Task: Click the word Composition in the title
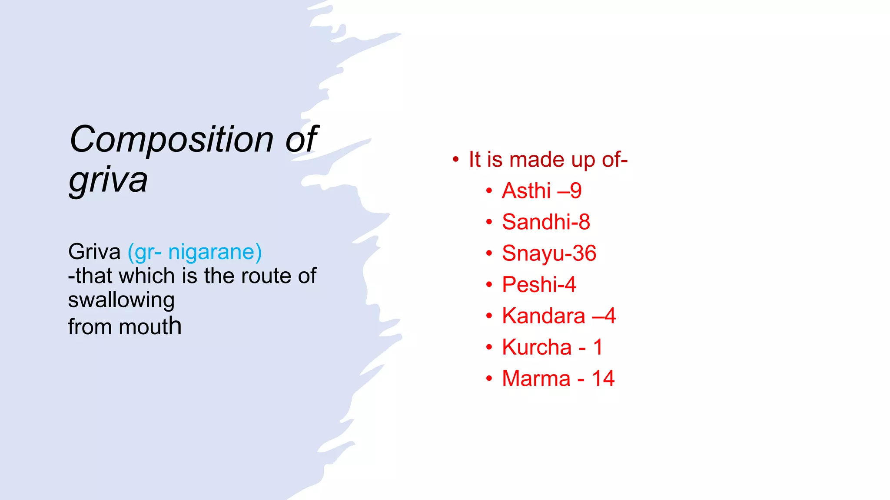pos(171,140)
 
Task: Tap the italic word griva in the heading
pos(108,180)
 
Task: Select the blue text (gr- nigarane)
pos(195,252)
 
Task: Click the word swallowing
pos(121,300)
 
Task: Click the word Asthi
pos(526,191)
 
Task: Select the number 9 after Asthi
pos(576,191)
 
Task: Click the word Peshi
pos(530,284)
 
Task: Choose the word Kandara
pos(543,316)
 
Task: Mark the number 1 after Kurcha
pos(598,347)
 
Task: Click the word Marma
pos(536,378)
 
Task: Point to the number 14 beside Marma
pos(603,378)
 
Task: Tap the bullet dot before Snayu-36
pos(489,253)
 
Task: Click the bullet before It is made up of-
pos(455,159)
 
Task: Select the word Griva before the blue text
pos(94,252)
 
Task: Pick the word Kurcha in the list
pos(537,347)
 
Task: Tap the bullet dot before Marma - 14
pos(489,378)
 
